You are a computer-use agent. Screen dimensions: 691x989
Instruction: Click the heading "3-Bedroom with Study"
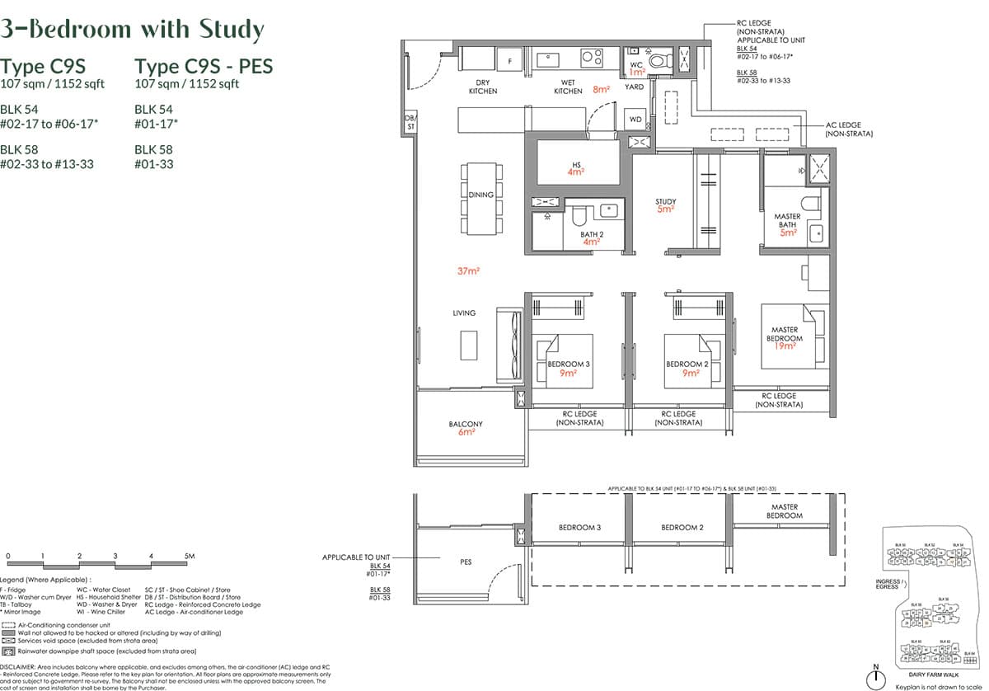tap(132, 30)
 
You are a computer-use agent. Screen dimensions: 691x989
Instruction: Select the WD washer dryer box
tap(635, 120)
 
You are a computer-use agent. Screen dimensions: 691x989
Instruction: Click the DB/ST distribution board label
tap(410, 123)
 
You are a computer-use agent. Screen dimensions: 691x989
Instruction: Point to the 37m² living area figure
tap(470, 270)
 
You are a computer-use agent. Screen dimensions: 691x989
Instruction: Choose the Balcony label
tap(466, 425)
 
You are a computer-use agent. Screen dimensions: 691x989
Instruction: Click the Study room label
tap(666, 202)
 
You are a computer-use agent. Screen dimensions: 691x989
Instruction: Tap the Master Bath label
tap(787, 221)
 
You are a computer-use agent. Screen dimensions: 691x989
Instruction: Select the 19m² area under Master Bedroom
tap(784, 346)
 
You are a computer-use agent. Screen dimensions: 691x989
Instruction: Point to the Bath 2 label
tap(590, 233)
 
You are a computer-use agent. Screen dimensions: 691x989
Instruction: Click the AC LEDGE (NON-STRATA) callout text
tap(849, 129)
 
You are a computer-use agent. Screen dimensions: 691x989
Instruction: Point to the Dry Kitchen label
tap(483, 87)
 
